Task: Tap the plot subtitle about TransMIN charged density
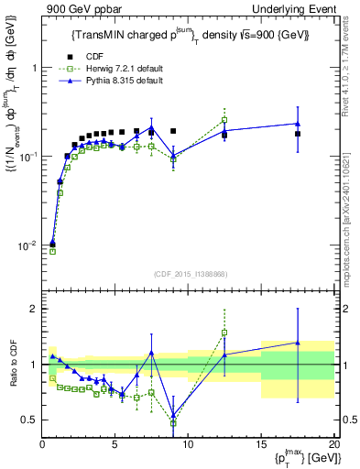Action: point(191,35)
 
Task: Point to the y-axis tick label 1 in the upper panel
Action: point(33,69)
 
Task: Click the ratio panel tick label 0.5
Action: point(28,420)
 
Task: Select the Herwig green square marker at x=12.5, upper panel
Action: point(224,120)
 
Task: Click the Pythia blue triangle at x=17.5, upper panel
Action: point(297,124)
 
